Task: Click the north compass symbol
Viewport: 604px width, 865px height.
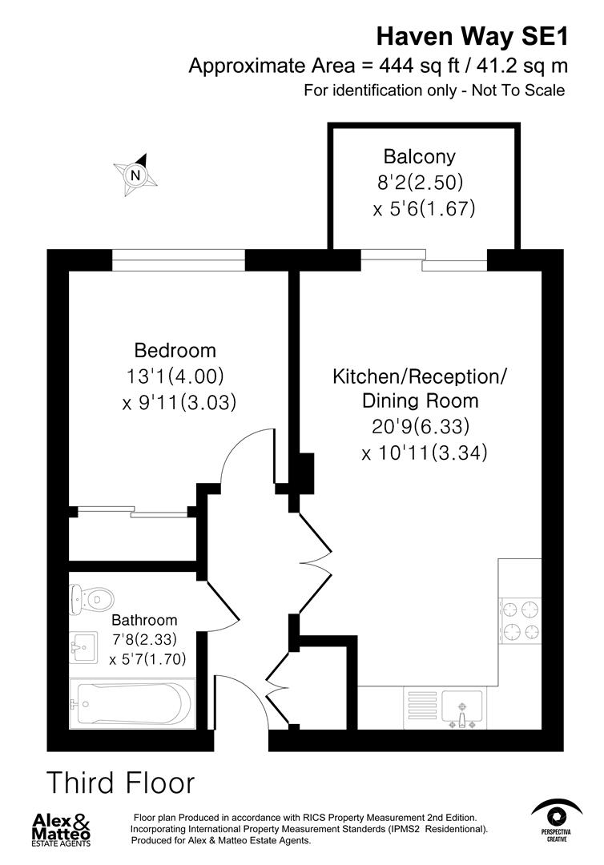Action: [x=135, y=175]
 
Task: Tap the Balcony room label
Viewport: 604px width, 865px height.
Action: [x=419, y=156]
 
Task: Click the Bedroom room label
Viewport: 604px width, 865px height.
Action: [x=175, y=350]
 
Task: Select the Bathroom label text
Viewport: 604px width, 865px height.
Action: [x=144, y=620]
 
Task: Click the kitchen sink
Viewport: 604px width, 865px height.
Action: [x=462, y=707]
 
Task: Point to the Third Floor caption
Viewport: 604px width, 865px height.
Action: [x=120, y=782]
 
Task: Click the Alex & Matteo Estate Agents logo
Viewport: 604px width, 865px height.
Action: [x=62, y=829]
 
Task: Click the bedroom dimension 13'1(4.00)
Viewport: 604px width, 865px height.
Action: [x=175, y=376]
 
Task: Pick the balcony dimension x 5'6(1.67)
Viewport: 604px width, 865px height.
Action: [x=424, y=209]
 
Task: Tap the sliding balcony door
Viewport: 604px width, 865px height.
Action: [x=424, y=260]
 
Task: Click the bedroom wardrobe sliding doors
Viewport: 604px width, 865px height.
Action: [x=132, y=511]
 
